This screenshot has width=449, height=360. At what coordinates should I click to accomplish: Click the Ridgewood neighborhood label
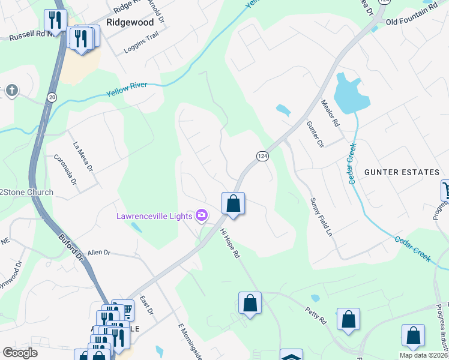pyautogui.click(x=130, y=22)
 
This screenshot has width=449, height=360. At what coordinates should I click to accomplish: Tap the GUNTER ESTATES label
pyautogui.click(x=402, y=172)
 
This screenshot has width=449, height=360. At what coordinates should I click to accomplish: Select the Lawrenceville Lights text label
pyautogui.click(x=155, y=215)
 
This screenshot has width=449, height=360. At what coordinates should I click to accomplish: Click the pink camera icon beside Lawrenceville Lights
pyautogui.click(x=202, y=215)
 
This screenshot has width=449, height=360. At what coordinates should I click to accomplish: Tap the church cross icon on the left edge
pyautogui.click(x=11, y=91)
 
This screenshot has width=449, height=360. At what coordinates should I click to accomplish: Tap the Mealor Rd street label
pyautogui.click(x=331, y=113)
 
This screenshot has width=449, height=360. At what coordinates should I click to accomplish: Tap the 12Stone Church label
pyautogui.click(x=26, y=193)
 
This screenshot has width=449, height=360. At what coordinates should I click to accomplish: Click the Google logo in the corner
pyautogui.click(x=20, y=353)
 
